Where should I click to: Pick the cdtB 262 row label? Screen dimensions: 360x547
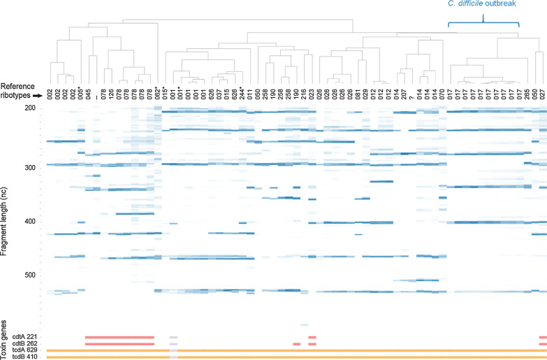click(28, 344)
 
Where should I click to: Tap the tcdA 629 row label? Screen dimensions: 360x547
click(28, 350)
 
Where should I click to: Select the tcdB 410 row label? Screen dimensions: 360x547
click(28, 357)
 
